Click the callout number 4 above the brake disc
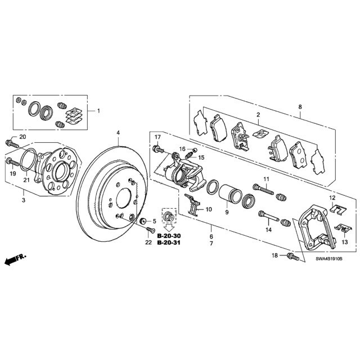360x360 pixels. pos(118,133)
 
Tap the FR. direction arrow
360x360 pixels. pos(15,259)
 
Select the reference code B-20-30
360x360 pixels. pos(169,236)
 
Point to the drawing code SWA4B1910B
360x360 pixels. pos(328,259)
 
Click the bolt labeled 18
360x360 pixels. pos(293,256)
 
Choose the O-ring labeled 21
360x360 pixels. pos(28,160)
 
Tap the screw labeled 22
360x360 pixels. pos(151,229)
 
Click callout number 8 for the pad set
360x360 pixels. pos(300,107)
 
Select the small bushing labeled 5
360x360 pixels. pos(143,221)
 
